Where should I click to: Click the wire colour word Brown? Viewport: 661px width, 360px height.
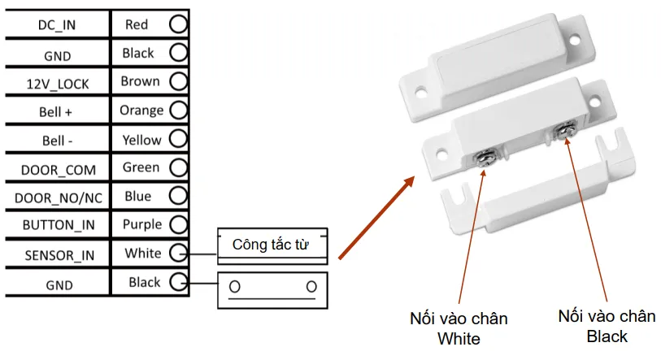click(x=140, y=81)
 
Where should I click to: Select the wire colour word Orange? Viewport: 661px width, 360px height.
click(x=141, y=110)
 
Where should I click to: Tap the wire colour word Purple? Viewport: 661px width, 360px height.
click(x=141, y=224)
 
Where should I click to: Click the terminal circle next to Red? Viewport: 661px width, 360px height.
click(x=178, y=24)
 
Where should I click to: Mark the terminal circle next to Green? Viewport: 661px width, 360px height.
click(x=178, y=168)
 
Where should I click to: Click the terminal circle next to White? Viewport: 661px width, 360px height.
click(x=178, y=254)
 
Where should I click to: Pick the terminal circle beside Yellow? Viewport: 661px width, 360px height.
click(x=178, y=139)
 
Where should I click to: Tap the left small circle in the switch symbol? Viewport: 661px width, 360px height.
click(x=235, y=287)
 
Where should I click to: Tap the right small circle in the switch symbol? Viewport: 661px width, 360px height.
click(x=311, y=287)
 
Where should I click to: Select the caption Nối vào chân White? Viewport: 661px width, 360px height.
click(x=459, y=327)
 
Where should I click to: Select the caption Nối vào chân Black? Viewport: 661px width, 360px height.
click(x=606, y=324)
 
